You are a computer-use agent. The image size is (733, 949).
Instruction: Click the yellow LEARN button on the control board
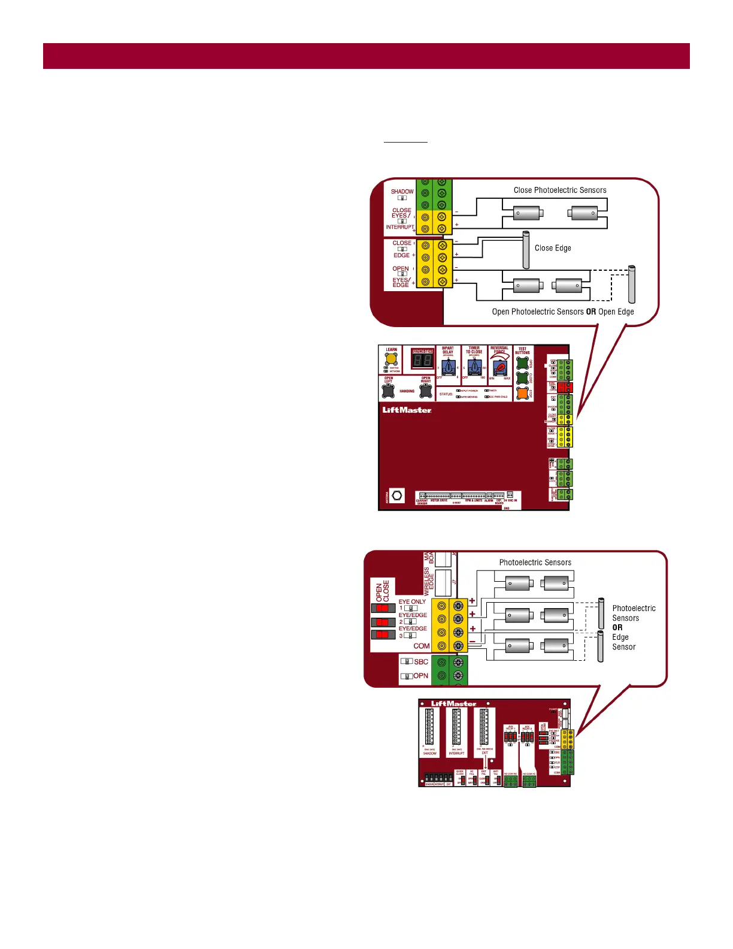(x=391, y=359)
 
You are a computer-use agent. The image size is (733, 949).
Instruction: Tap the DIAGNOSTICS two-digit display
(x=423, y=360)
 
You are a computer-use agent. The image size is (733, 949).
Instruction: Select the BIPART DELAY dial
(x=447, y=367)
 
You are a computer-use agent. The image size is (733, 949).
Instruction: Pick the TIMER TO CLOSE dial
(x=474, y=367)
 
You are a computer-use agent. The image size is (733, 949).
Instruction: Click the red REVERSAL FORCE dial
(x=499, y=368)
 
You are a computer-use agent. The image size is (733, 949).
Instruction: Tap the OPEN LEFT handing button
(x=389, y=391)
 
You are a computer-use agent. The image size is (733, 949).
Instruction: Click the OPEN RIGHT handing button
(x=426, y=391)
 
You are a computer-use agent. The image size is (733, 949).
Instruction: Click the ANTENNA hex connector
(x=397, y=495)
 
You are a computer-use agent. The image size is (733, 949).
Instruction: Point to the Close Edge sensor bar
(x=526, y=250)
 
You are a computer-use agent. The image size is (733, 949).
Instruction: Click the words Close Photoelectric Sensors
(x=560, y=191)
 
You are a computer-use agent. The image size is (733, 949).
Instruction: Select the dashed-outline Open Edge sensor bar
(x=631, y=285)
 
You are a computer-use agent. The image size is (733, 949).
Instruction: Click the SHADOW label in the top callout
(x=402, y=192)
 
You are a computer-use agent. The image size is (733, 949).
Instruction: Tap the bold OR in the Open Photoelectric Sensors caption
(x=590, y=312)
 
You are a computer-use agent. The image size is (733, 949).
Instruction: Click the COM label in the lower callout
(x=421, y=646)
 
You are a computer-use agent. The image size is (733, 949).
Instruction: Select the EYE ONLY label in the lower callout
(x=412, y=602)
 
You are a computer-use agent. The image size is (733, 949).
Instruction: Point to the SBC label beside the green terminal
(x=421, y=662)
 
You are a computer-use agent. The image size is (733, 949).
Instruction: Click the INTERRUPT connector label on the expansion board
(x=456, y=753)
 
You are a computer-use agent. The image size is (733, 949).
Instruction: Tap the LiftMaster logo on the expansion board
(x=453, y=703)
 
